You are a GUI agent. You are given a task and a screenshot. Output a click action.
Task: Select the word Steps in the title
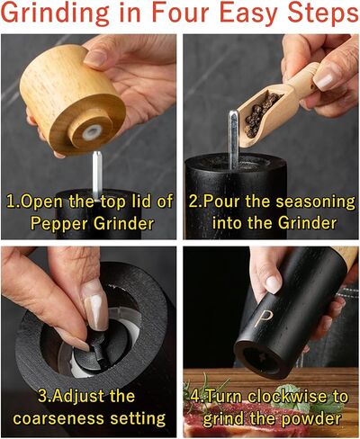click(322, 14)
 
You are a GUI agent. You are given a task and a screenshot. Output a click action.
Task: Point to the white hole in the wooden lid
click(92, 132)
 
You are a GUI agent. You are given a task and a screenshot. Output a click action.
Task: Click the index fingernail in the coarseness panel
click(96, 308)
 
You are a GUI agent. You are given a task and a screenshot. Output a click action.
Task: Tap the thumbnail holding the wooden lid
click(95, 58)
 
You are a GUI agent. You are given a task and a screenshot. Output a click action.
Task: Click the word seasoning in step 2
click(315, 202)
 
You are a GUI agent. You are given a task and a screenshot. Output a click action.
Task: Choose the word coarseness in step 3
click(58, 418)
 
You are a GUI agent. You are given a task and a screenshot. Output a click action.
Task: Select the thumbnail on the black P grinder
click(274, 284)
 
